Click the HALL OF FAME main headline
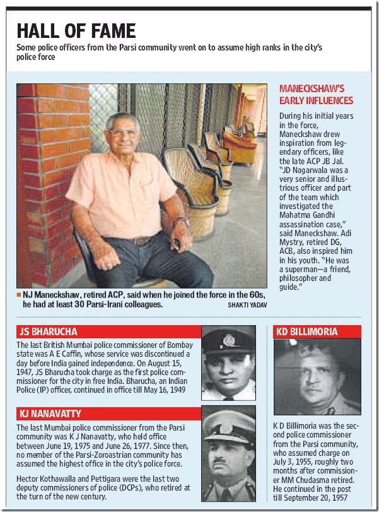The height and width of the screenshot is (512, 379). [x=76, y=31]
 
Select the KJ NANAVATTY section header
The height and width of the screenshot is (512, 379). [x=51, y=414]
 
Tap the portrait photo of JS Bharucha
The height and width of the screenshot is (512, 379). [x=228, y=363]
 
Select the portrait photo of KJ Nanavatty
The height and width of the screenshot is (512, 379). [x=228, y=455]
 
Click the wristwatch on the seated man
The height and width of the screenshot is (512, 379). [x=182, y=222]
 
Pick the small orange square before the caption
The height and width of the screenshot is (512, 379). [x=20, y=294]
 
